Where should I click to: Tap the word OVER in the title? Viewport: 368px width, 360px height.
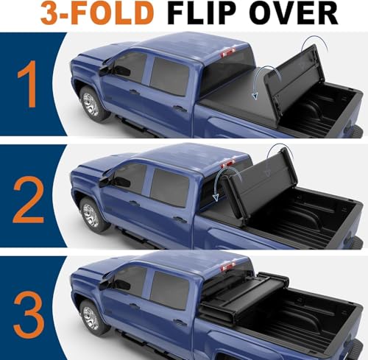coord(295,13)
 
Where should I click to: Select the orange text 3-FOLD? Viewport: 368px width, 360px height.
coord(97,13)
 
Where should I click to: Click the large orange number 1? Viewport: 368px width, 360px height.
coord(28,84)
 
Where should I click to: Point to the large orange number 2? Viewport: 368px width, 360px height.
coord(29,200)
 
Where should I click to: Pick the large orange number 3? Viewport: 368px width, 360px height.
coord(29,315)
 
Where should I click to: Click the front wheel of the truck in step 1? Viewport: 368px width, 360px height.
coord(91,105)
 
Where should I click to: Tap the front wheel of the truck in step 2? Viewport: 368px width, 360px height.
coord(91,215)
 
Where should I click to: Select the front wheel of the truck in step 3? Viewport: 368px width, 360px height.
coord(91,318)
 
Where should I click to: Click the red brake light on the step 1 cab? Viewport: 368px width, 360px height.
coord(228,52)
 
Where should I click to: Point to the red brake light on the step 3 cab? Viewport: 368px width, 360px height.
coord(228,267)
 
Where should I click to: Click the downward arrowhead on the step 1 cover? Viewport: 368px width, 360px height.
coord(255,96)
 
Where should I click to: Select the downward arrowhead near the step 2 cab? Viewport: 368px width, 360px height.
coord(216,197)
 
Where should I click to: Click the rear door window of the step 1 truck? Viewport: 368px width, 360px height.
coord(169,77)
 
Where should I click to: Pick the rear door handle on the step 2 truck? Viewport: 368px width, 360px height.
coord(180,219)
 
